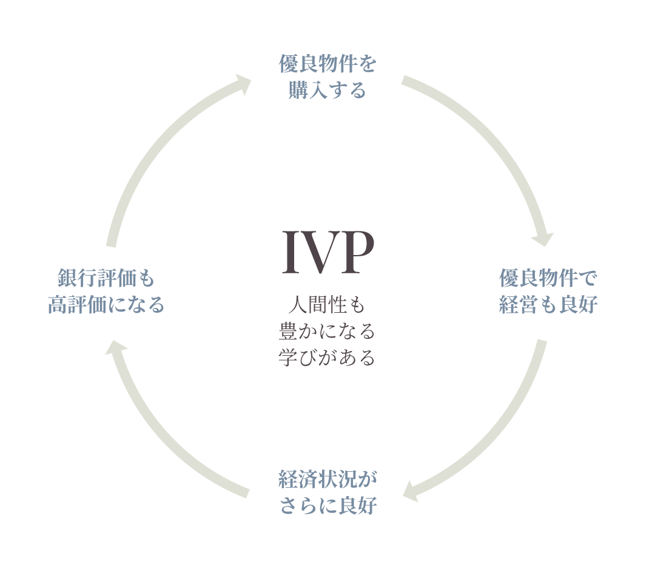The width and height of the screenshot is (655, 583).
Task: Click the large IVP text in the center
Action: click(x=328, y=251)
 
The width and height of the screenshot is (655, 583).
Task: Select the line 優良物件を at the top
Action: click(x=327, y=64)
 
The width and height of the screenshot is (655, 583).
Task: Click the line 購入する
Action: click(x=327, y=90)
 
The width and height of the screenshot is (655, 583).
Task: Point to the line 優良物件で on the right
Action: click(x=548, y=278)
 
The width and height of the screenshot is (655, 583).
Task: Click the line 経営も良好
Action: click(x=548, y=304)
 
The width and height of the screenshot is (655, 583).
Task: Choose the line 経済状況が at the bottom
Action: click(x=327, y=479)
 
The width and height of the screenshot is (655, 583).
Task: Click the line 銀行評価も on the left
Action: click(x=106, y=278)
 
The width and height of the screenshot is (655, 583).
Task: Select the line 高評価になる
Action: click(x=106, y=304)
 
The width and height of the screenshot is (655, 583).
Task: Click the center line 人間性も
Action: click(x=327, y=304)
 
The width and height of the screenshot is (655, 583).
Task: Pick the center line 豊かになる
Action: click(x=327, y=331)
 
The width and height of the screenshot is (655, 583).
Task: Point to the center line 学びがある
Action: click(x=327, y=357)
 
